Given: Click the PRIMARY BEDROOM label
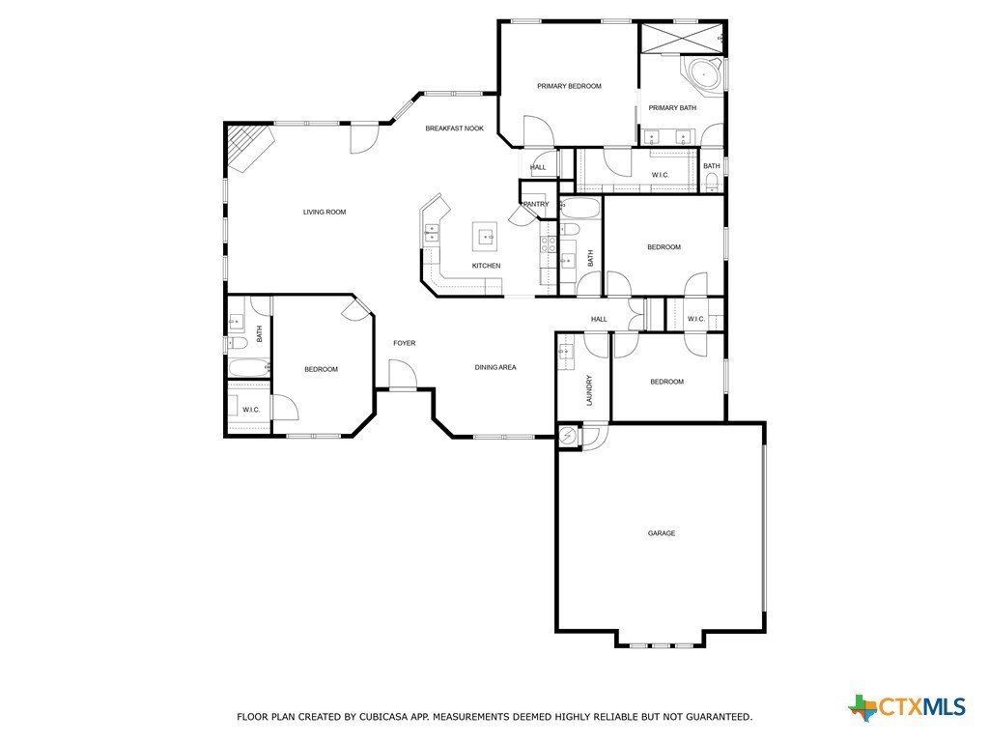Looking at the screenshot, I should tap(569, 86).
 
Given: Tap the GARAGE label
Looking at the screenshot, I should tap(661, 533).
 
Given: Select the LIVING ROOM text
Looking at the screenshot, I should tap(325, 212).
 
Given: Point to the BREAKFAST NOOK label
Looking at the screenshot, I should tap(454, 128).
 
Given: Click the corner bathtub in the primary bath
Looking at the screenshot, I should tap(702, 72).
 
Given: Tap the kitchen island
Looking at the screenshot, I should tap(485, 235).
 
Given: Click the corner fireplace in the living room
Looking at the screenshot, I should tap(247, 146).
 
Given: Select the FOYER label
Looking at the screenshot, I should tap(404, 343).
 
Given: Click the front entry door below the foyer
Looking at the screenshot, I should tap(402, 375).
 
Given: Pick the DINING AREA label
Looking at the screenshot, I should tap(495, 367).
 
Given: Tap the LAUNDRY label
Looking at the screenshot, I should tap(588, 391).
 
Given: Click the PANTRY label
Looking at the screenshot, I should tap(536, 204).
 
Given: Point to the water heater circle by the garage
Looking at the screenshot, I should tap(569, 437).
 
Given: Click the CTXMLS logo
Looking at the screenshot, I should tap(907, 707).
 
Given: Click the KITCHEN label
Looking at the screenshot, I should tap(486, 266).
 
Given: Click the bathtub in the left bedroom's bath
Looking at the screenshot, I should tap(246, 368).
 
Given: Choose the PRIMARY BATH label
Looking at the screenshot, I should tap(672, 107).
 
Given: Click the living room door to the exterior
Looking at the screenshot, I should tap(364, 138).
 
